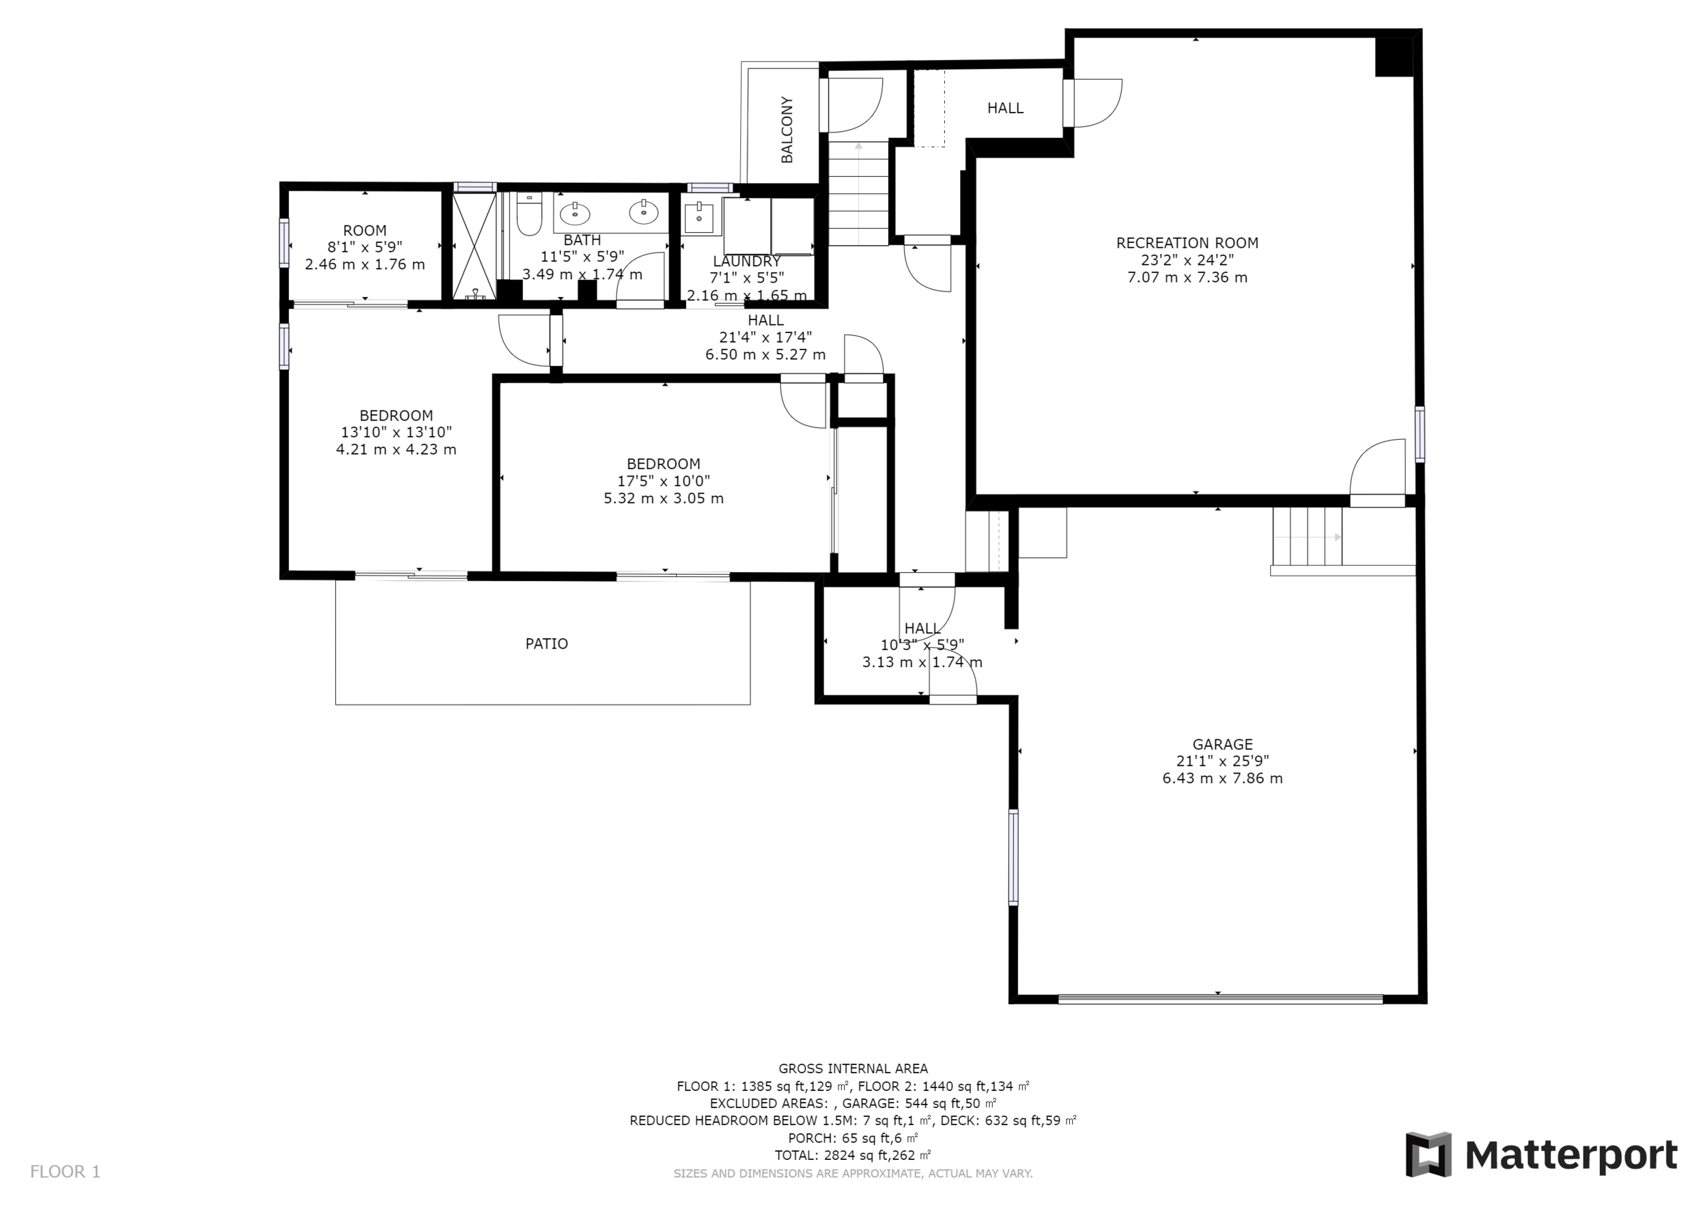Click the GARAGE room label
[1222, 744]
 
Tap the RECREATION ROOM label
[1187, 243]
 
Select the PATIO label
[546, 644]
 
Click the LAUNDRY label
[746, 261]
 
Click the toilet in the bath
[529, 214]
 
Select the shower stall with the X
[474, 245]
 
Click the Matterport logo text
[1571, 1155]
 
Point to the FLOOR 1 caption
[65, 1172]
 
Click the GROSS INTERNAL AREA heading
[853, 1069]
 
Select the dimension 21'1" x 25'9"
[1222, 761]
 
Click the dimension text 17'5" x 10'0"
[663, 481]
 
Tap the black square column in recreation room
[1394, 57]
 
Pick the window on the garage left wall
[1013, 857]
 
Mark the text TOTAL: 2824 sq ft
[845, 1156]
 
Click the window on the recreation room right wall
[1420, 434]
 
